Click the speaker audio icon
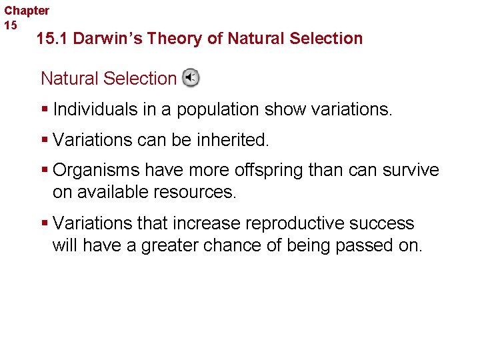coord(191,78)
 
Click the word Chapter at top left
coord(27,11)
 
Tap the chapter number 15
coord(11,25)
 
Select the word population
coord(217,109)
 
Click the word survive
coord(413,171)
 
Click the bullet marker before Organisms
coord(45,171)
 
